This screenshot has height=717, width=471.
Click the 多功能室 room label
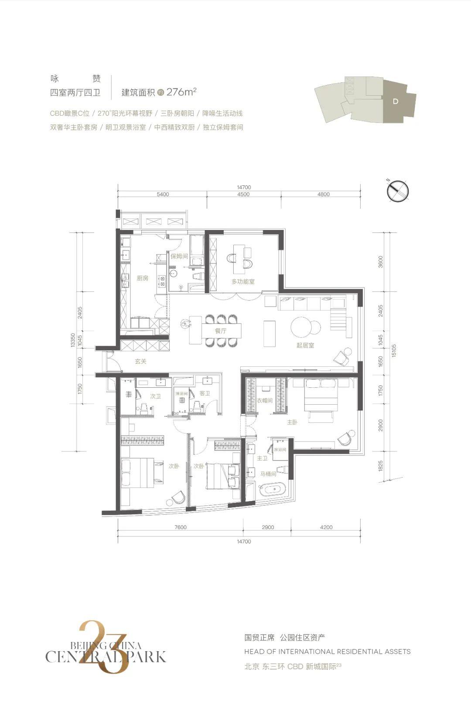click(243, 282)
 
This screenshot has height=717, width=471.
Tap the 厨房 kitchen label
click(143, 278)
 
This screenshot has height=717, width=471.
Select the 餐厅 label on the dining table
click(221, 331)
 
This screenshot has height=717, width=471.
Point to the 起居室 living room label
click(305, 345)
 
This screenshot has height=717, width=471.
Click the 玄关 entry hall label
click(140, 362)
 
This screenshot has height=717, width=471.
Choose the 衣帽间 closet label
click(264, 400)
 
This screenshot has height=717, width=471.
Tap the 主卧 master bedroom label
click(292, 422)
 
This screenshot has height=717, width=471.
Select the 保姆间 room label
click(179, 256)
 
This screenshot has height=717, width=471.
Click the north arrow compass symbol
click(399, 191)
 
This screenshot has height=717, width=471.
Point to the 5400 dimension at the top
click(163, 195)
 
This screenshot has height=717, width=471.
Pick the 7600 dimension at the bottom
click(181, 527)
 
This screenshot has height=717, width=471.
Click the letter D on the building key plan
click(395, 101)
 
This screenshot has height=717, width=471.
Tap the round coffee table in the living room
click(302, 327)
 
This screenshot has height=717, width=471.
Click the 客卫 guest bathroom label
click(205, 393)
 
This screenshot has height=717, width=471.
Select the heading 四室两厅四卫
click(75, 92)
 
